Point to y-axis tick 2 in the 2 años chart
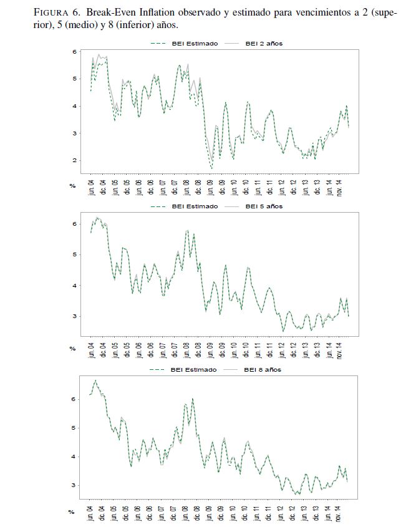coord(74,161)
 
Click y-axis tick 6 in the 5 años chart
coord(74,224)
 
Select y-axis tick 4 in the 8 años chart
coord(74,457)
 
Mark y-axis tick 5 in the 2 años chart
coord(74,79)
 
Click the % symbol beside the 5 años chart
coord(72,349)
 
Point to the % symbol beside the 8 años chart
coord(72,511)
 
